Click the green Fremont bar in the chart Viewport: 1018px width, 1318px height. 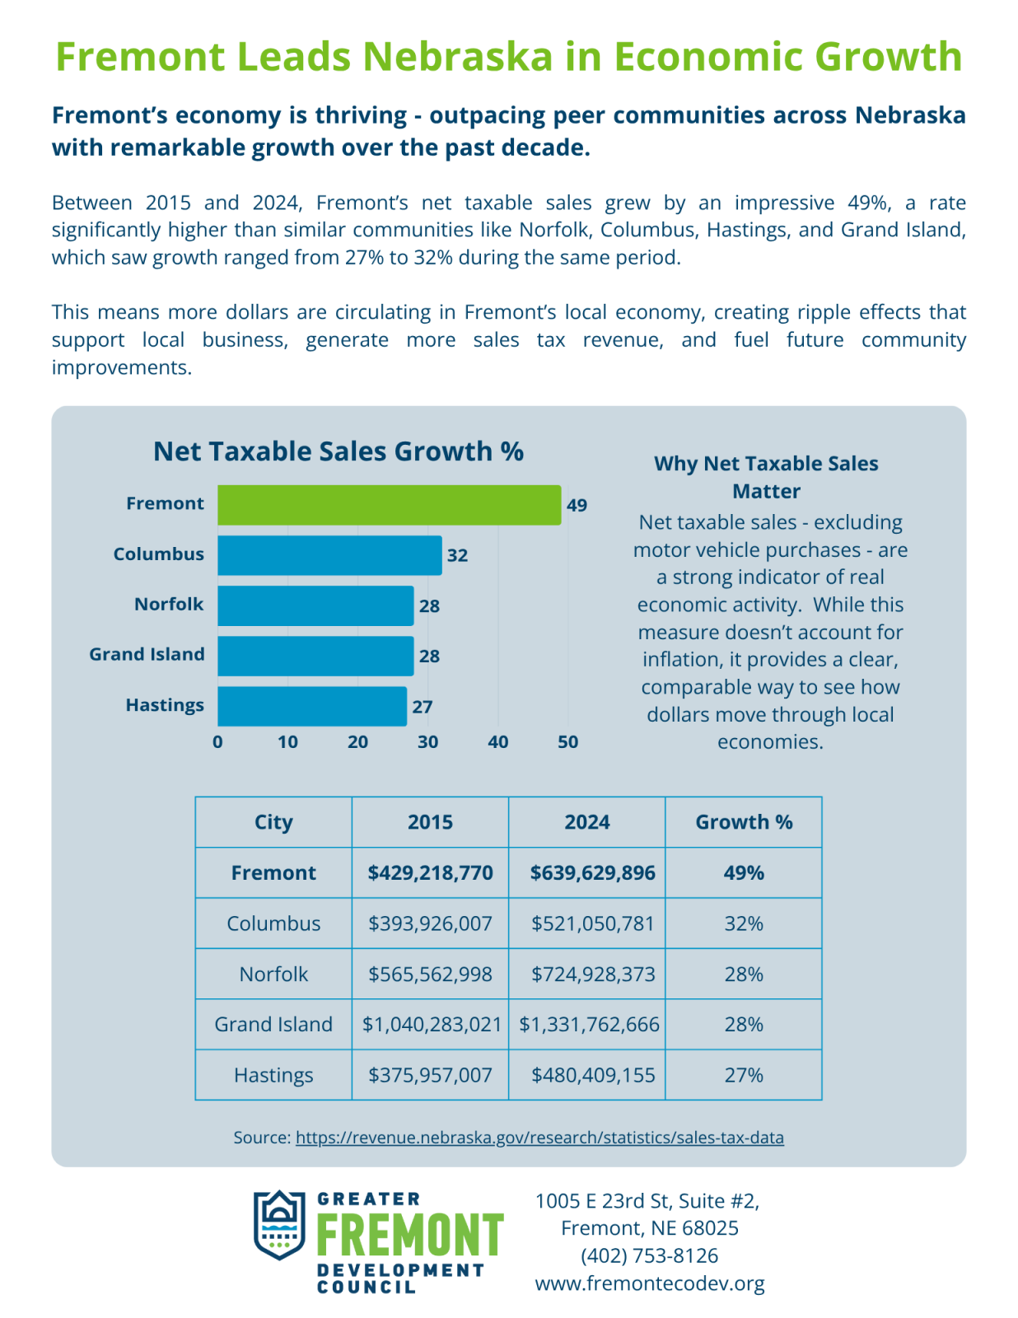click(390, 505)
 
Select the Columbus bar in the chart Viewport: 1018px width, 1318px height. click(329, 555)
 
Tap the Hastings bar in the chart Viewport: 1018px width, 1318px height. click(312, 706)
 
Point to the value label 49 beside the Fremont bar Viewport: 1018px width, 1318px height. click(577, 505)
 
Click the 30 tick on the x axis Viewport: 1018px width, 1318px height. click(428, 742)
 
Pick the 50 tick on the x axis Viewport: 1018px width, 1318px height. click(568, 742)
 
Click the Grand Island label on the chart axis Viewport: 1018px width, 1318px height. click(147, 654)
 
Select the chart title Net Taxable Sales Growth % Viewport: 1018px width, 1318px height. click(339, 451)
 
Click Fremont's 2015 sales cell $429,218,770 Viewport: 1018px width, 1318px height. click(431, 873)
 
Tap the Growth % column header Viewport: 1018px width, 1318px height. click(744, 822)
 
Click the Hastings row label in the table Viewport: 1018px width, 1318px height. click(273, 1075)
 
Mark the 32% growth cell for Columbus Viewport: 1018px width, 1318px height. click(744, 923)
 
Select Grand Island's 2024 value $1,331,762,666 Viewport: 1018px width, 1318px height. click(590, 1025)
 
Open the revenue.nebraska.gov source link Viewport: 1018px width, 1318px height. click(539, 1138)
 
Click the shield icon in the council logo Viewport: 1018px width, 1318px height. click(279, 1225)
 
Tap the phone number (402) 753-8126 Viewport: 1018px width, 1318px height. click(649, 1255)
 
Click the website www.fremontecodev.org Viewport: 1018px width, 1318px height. click(649, 1283)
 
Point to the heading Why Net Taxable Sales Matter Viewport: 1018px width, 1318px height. click(766, 477)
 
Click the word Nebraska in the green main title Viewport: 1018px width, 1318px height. click(458, 56)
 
